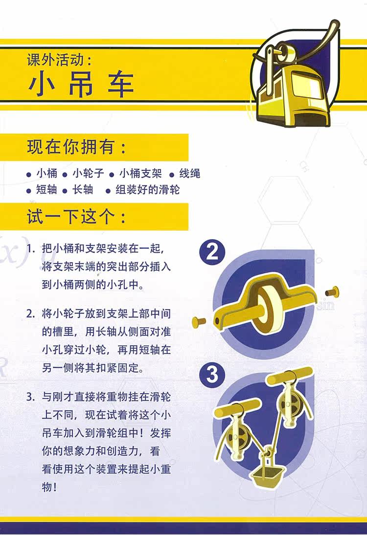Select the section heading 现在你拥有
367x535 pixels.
pyautogui.click(x=70, y=147)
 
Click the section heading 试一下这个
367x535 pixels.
pyautogui.click(x=70, y=216)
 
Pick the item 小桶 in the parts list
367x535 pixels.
pyautogui.click(x=47, y=173)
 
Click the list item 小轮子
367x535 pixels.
pyautogui.click(x=88, y=173)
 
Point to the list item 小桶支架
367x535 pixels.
pyautogui.click(x=140, y=173)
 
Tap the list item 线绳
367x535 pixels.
pyautogui.click(x=190, y=173)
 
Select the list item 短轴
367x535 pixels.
pyautogui.click(x=47, y=189)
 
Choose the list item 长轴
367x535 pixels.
pyautogui.click(x=83, y=189)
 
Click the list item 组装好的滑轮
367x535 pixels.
pyautogui.click(x=147, y=189)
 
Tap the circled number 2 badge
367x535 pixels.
pyautogui.click(x=212, y=252)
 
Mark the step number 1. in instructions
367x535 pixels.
pyautogui.click(x=31, y=248)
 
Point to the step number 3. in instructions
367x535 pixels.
pyautogui.click(x=31, y=397)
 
